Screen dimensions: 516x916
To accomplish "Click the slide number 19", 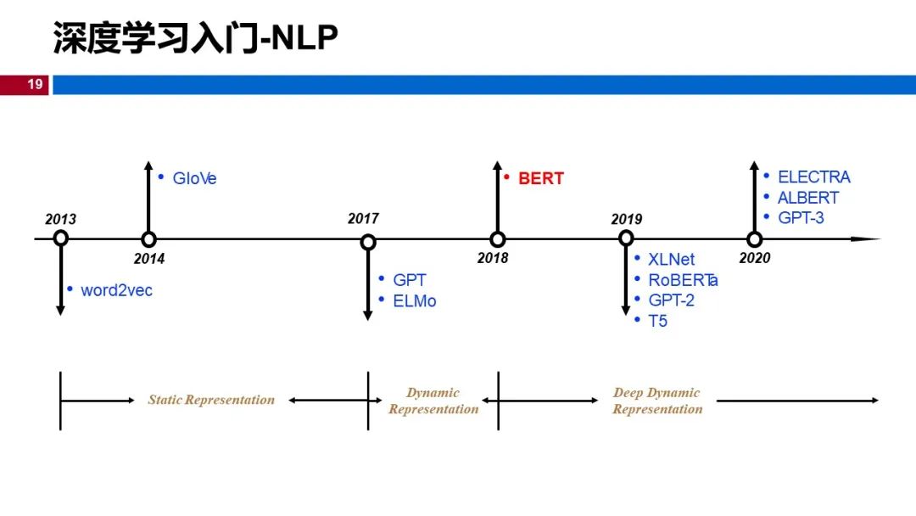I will [x=35, y=84].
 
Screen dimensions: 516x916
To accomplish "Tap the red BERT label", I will [x=540, y=178].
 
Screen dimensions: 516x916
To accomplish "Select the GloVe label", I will [x=194, y=178].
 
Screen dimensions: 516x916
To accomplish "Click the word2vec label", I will [x=116, y=289].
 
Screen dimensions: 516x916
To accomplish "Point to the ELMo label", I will [x=414, y=300].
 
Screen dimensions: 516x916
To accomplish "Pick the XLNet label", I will [x=671, y=259].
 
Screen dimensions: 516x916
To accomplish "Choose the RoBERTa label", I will [x=683, y=279].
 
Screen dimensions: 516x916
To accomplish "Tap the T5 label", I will [x=657, y=321].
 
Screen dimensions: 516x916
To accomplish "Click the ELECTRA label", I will [x=813, y=177].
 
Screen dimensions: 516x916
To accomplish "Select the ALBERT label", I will [x=807, y=197].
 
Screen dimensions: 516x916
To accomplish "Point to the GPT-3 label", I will [x=801, y=217].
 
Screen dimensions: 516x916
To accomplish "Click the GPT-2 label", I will [x=671, y=300].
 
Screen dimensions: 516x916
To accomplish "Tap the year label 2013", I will [x=60, y=219].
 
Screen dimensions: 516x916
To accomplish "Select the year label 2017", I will [x=363, y=218].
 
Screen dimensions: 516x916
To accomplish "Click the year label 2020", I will [x=754, y=257].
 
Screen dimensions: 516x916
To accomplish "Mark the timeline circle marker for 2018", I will [x=498, y=239].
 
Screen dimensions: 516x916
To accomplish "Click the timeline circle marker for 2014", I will [x=148, y=239].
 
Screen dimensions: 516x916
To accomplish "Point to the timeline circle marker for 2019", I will [x=627, y=239].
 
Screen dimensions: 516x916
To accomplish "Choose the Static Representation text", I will [x=211, y=400].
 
